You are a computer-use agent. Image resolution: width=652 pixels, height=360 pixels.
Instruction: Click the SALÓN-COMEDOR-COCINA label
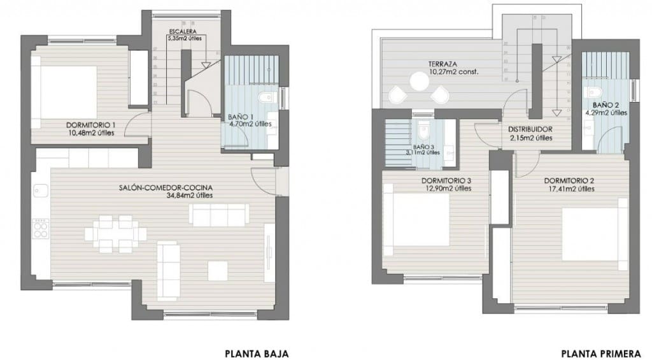point(165,187)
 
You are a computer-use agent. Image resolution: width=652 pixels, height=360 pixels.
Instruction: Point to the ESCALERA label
point(182,31)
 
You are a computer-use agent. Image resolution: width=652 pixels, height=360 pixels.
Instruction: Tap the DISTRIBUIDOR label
point(530,129)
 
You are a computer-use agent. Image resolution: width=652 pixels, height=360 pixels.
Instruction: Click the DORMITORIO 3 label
point(446,180)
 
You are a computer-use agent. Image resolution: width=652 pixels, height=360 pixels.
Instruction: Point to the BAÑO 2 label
point(606,104)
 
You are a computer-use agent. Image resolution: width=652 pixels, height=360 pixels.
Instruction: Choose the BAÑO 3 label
point(423,145)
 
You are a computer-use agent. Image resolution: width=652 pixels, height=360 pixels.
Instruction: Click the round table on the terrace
point(420,81)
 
